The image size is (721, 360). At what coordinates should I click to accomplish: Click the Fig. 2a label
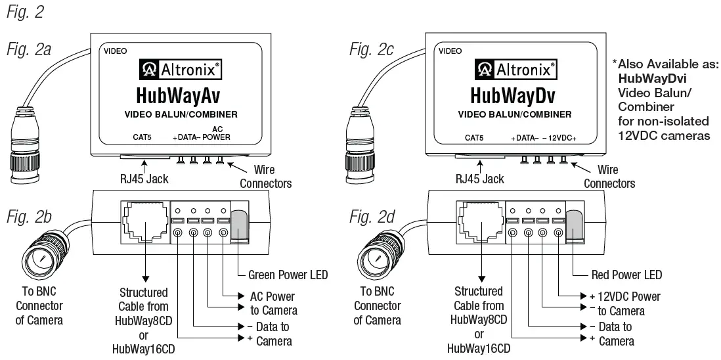point(30,49)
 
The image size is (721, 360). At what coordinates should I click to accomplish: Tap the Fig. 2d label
point(370,215)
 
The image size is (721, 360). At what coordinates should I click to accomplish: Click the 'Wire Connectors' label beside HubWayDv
point(609,177)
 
